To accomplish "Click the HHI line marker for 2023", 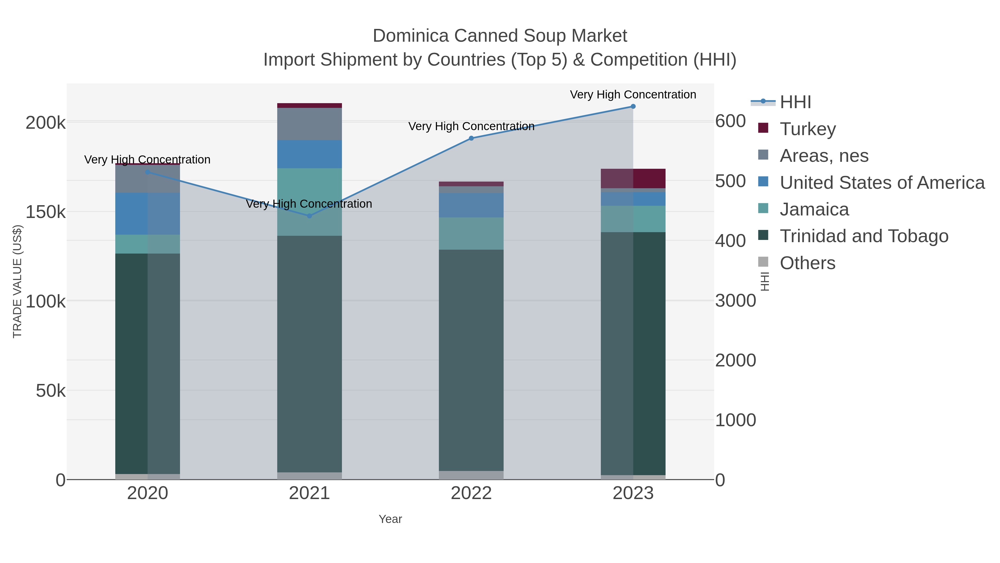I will point(633,106).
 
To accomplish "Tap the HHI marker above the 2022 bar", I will point(471,138).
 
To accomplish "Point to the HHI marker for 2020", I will point(147,172).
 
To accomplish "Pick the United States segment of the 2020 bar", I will point(147,214).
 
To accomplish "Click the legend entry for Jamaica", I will point(814,209).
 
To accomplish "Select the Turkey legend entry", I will point(807,129).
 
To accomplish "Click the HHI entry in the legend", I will point(795,102).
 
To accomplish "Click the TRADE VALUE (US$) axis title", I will point(17,281).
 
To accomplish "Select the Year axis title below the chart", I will point(390,519).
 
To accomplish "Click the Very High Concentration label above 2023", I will point(633,95).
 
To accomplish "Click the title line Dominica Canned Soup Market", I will point(500,36).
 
